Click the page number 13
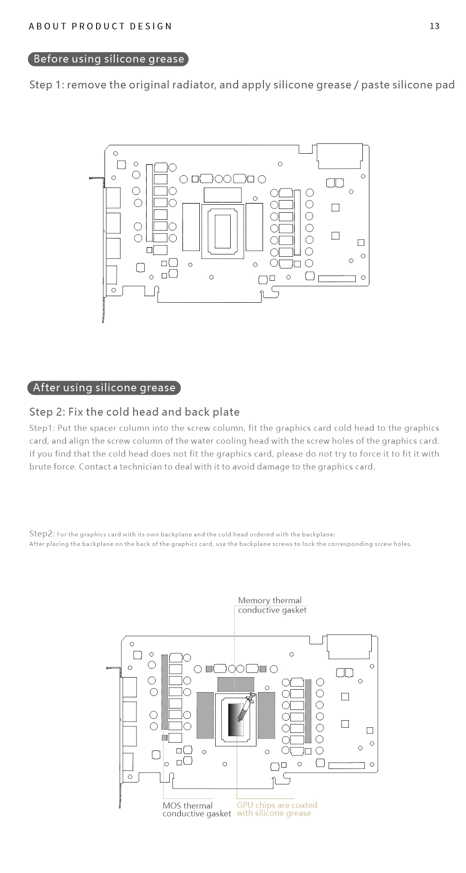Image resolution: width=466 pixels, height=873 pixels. pyautogui.click(x=434, y=26)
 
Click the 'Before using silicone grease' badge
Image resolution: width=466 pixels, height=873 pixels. pyautogui.click(x=108, y=59)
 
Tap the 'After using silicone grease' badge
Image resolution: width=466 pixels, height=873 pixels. pyautogui.click(x=104, y=388)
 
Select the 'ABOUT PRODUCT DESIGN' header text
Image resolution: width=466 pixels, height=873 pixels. pyautogui.click(x=100, y=26)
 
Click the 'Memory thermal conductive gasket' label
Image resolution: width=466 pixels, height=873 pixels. pyautogui.click(x=272, y=605)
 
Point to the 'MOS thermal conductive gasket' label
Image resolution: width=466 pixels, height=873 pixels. pyautogui.click(x=196, y=809)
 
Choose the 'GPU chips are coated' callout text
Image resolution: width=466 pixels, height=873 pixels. pyautogui.click(x=277, y=805)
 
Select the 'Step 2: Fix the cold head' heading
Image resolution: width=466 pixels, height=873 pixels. pyautogui.click(x=134, y=412)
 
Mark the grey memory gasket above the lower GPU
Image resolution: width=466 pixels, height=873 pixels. pyautogui.click(x=235, y=684)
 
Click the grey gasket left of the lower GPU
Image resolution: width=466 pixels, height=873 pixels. pyautogui.click(x=205, y=715)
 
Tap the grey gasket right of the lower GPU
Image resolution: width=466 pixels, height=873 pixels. pyautogui.click(x=266, y=715)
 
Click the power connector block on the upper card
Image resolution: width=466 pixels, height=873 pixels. pyautogui.click(x=340, y=156)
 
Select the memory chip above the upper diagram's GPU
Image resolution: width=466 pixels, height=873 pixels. pyautogui.click(x=223, y=194)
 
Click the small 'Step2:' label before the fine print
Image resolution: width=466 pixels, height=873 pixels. pyautogui.click(x=42, y=534)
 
